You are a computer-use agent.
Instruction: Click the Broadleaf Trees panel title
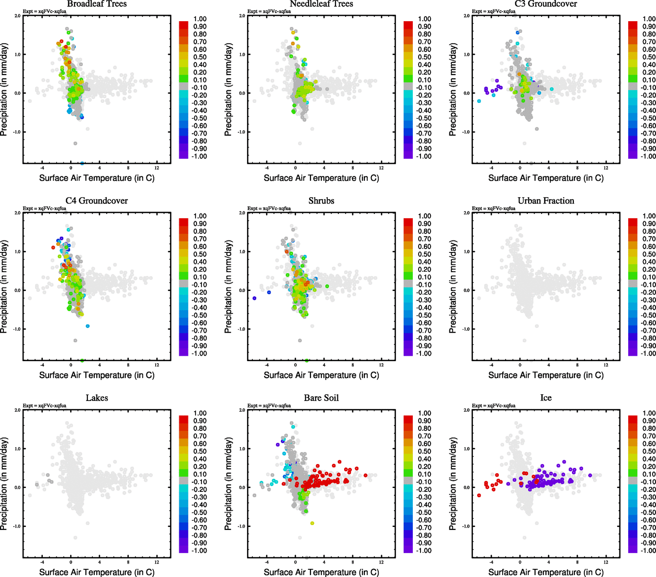(97, 4)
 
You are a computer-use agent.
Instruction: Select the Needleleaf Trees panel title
(321, 4)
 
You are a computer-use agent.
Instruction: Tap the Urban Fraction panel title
(545, 201)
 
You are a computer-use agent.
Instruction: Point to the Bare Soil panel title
(321, 398)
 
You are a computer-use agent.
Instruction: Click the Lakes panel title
(97, 398)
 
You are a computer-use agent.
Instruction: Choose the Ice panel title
(545, 398)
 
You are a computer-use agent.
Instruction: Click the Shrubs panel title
(321, 201)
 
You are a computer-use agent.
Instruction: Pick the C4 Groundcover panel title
(97, 201)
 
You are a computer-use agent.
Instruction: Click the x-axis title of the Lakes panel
(97, 572)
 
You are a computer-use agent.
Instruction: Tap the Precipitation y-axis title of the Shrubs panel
(228, 287)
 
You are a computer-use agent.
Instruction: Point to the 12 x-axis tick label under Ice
(606, 562)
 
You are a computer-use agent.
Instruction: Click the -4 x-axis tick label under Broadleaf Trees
(42, 168)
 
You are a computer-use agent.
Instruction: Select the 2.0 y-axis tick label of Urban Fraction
(466, 213)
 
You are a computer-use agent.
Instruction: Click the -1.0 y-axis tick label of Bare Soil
(241, 527)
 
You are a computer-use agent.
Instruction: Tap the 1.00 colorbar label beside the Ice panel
(649, 413)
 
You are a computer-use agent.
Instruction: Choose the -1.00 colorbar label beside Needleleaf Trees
(423, 156)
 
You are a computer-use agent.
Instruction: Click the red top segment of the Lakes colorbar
(184, 419)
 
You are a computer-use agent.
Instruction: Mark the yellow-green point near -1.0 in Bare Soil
(312, 523)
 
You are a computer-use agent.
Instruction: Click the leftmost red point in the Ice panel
(479, 495)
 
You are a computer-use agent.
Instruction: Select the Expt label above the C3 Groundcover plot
(494, 11)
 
